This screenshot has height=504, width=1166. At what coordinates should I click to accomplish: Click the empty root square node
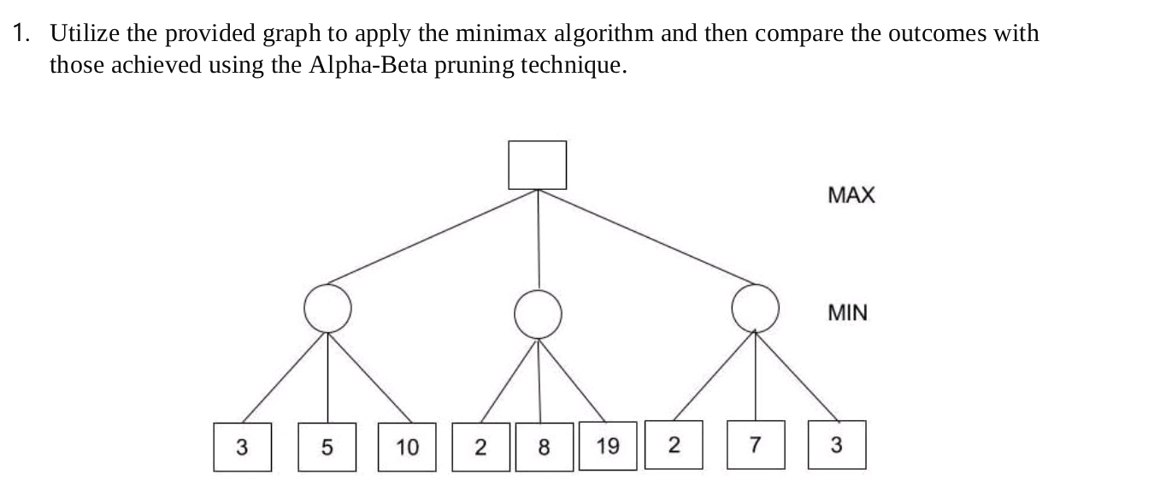point(537,165)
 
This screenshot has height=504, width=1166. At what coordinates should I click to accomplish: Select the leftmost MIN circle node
point(327,308)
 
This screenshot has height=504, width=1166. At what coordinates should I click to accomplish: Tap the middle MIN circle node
point(538,313)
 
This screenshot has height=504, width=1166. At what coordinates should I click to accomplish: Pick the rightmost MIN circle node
point(756,308)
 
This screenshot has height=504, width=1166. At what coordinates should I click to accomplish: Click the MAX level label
point(851,195)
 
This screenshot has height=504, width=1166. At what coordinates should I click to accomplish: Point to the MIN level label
point(847,313)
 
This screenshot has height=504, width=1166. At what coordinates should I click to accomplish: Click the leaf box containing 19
point(608,446)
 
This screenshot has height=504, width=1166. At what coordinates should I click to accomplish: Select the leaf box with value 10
point(408,447)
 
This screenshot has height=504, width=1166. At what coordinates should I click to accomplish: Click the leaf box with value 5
point(327,447)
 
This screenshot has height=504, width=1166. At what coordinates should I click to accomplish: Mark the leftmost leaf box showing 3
point(243,447)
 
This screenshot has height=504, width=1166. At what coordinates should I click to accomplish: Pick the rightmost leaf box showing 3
point(837,445)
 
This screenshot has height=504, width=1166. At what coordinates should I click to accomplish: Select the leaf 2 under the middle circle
point(480,447)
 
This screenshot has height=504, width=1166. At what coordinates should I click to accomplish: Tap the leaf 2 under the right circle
point(674,445)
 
